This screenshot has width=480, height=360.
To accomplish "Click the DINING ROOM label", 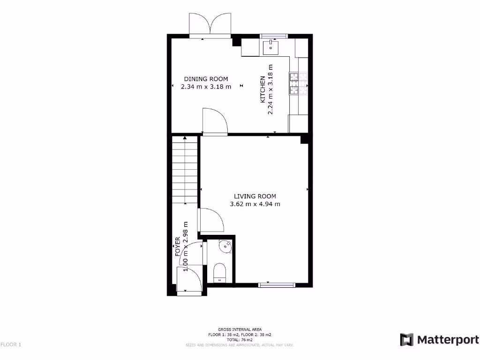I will pyautogui.click(x=206, y=79).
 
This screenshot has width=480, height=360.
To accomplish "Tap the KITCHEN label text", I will pyautogui.click(x=263, y=89).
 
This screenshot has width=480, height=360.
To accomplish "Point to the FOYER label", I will pyautogui.click(x=178, y=247).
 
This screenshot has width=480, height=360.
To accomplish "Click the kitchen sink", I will pyautogui.click(x=271, y=47).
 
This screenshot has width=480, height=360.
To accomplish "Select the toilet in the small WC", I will pyautogui.click(x=219, y=272).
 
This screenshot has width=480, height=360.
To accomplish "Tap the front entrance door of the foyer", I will pyautogui.click(x=189, y=280).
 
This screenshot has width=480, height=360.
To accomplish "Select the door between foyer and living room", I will pyautogui.click(x=210, y=220).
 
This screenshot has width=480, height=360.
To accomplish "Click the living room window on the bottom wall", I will pyautogui.click(x=277, y=285).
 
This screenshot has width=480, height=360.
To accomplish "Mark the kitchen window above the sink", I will pyautogui.click(x=273, y=36).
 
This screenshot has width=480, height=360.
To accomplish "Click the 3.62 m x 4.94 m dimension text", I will pyautogui.click(x=255, y=204).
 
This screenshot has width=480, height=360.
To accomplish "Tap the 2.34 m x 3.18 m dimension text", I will pyautogui.click(x=206, y=86).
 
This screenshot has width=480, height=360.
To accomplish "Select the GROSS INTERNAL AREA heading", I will pyautogui.click(x=240, y=330).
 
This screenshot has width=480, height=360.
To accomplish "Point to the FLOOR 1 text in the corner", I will pyautogui.click(x=11, y=345).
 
